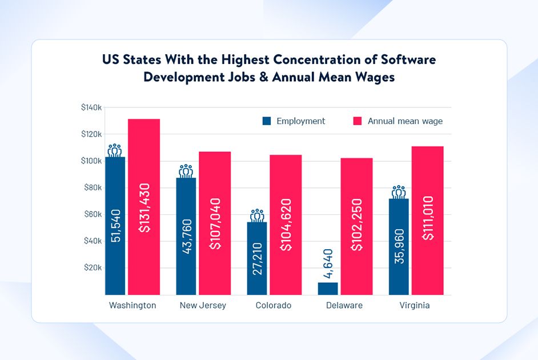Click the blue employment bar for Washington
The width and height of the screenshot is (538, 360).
click(115, 226)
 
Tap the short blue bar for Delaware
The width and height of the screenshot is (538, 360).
click(328, 289)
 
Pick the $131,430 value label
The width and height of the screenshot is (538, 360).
click(144, 207)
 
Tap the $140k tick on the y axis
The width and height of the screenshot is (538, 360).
click(91, 107)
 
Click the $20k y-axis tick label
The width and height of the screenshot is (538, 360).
click(92, 267)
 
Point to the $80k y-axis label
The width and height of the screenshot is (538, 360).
click(92, 187)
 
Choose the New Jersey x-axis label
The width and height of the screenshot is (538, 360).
click(203, 305)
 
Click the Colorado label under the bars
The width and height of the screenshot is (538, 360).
click(274, 305)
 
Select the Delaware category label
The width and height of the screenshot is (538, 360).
click(344, 305)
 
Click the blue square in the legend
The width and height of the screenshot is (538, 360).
click(267, 121)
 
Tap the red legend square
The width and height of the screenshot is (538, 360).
click(358, 121)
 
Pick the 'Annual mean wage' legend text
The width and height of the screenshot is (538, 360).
click(405, 121)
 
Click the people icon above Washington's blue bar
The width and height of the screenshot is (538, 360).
click(115, 150)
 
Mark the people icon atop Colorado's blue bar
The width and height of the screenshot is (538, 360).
click(257, 215)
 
